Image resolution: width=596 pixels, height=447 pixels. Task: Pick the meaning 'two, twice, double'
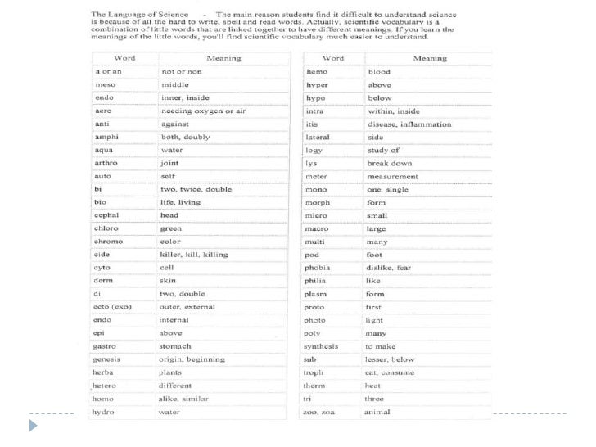click(195, 189)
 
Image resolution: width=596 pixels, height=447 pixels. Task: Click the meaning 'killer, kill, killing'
click(193, 255)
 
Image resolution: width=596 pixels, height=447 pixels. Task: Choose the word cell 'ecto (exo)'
click(113, 307)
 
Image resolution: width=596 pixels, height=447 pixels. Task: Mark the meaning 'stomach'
click(176, 346)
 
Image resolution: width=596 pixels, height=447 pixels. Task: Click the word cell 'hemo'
click(316, 72)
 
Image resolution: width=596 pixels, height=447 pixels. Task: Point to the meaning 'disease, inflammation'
click(409, 124)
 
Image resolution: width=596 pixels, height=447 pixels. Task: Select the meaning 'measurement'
click(392, 176)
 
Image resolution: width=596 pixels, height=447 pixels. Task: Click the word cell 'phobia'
click(318, 268)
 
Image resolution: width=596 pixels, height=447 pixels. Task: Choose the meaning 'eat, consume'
click(390, 372)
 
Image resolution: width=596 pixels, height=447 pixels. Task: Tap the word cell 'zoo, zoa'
click(320, 412)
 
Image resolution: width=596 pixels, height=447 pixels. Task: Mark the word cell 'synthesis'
click(321, 346)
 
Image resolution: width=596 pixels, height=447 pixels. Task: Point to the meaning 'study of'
click(383, 151)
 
